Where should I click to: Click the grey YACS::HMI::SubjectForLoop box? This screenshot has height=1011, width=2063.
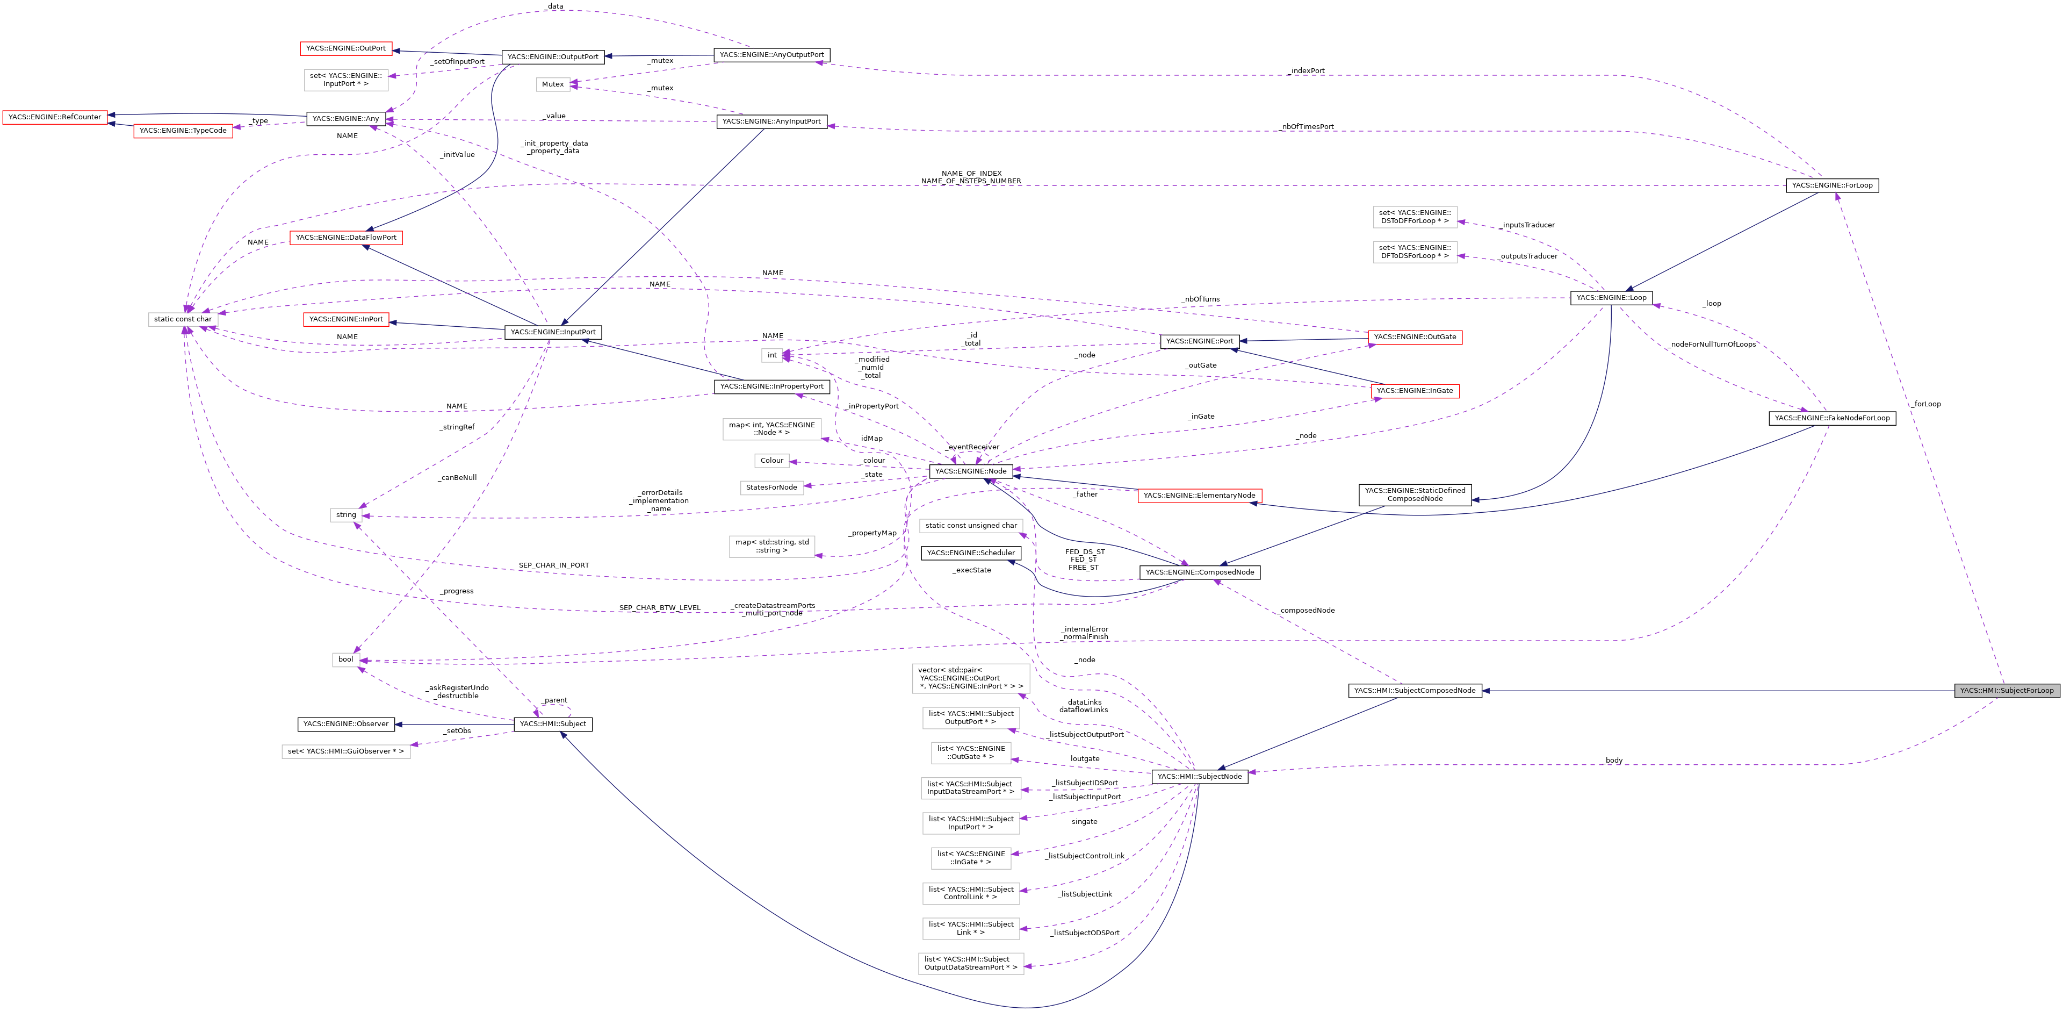2006,691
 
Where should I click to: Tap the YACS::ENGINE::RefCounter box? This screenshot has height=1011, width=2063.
54,117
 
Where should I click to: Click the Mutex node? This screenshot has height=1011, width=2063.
553,84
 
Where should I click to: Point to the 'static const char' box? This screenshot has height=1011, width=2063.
183,319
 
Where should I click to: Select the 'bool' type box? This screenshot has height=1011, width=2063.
345,659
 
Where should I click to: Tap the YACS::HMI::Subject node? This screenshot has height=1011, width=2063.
553,724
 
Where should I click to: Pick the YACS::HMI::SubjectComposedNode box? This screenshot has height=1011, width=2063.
1415,691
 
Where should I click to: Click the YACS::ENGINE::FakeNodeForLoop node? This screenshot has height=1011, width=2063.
1831,418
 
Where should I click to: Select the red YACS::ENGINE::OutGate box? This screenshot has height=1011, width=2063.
1415,337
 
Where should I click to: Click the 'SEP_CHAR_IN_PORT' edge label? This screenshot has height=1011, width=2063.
553,565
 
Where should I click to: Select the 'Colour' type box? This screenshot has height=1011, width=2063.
771,461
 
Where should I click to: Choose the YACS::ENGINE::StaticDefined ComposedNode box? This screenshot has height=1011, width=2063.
1415,494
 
